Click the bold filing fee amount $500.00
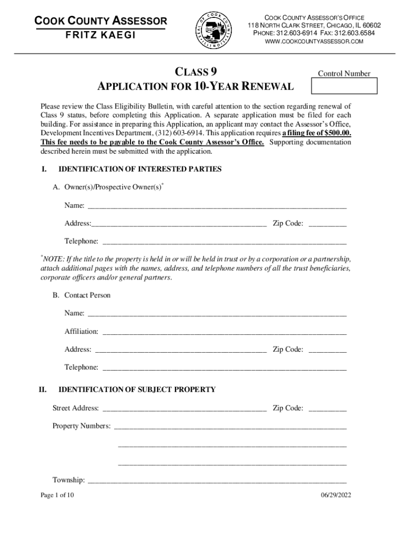334,134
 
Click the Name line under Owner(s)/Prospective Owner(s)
216,205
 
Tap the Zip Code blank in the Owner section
327,224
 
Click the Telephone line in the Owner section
224,242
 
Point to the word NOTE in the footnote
53,260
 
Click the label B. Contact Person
82,295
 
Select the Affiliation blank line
224,332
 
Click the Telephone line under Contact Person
224,367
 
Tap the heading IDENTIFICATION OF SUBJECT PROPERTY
137,390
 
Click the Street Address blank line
184,408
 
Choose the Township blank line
216,480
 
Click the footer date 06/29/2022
336,495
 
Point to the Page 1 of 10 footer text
57,495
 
